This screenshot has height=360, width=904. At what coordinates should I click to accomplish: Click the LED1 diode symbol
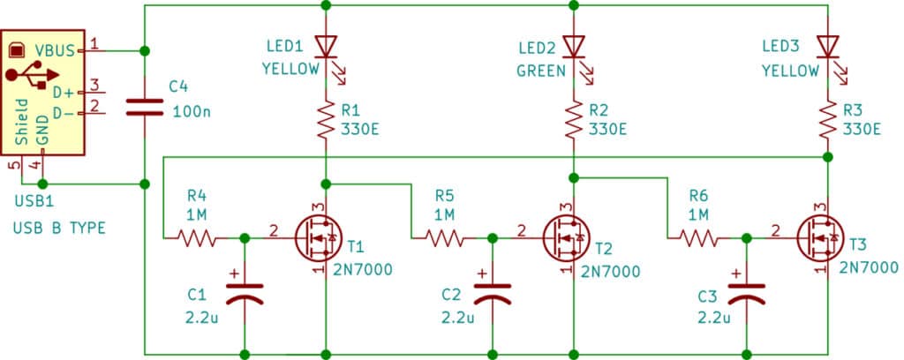tap(327, 45)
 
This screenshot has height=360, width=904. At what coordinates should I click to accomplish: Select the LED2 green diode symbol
tap(575, 45)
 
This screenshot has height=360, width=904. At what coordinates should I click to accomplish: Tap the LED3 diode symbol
tap(827, 45)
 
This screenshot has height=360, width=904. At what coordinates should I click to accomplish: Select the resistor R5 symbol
tap(444, 237)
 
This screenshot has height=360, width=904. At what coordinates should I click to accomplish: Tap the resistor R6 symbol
tap(699, 237)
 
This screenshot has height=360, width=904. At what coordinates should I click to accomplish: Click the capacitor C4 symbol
tap(145, 107)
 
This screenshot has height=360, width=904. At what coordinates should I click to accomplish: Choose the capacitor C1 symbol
tap(245, 294)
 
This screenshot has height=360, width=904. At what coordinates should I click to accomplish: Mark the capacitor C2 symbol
tap(493, 294)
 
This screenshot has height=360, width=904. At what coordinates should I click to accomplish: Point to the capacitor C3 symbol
tap(747, 294)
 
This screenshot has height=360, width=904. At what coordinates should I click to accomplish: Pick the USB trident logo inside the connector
tap(35, 78)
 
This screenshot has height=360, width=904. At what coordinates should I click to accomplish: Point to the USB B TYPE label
tap(59, 228)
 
